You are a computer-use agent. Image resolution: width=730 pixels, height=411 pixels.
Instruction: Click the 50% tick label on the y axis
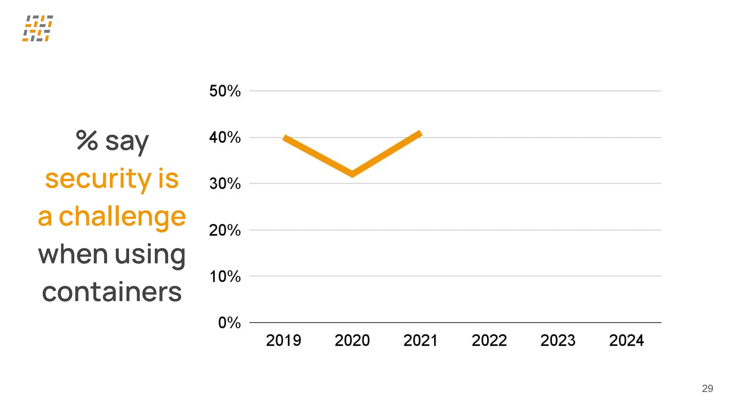tap(225, 91)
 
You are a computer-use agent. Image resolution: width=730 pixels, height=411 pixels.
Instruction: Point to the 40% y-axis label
tap(225, 137)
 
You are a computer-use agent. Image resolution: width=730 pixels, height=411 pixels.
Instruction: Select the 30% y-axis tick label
tap(225, 184)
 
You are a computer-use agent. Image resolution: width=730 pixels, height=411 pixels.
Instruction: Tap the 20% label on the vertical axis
tap(225, 230)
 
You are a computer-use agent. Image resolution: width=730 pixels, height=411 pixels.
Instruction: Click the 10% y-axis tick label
tap(225, 276)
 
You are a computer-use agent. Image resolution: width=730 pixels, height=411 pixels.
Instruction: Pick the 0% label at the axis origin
tap(229, 323)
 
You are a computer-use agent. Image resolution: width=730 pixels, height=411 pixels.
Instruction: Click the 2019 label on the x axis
tap(283, 340)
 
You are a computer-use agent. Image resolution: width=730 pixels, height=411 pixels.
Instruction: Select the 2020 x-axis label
tap(352, 340)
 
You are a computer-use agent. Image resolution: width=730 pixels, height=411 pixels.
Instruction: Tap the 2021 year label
tap(421, 340)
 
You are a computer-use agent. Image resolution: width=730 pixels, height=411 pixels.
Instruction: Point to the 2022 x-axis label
tap(489, 340)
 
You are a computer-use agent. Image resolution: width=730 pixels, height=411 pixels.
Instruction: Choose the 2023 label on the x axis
tap(558, 340)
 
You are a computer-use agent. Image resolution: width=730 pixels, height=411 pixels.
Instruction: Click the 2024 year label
tap(627, 340)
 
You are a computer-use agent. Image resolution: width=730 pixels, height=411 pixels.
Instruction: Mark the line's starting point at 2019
tap(284, 137)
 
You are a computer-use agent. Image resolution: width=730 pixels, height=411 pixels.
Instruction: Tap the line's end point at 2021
tap(421, 133)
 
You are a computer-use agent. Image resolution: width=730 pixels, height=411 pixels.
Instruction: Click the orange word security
tap(98, 179)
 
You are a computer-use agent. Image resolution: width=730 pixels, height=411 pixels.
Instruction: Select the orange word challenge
tap(122, 217)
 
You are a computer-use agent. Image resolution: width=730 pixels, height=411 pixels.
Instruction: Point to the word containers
tap(112, 292)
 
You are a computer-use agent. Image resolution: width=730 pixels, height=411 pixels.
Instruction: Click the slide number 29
tap(707, 389)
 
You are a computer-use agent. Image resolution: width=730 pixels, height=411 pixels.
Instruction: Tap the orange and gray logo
tap(38, 28)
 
